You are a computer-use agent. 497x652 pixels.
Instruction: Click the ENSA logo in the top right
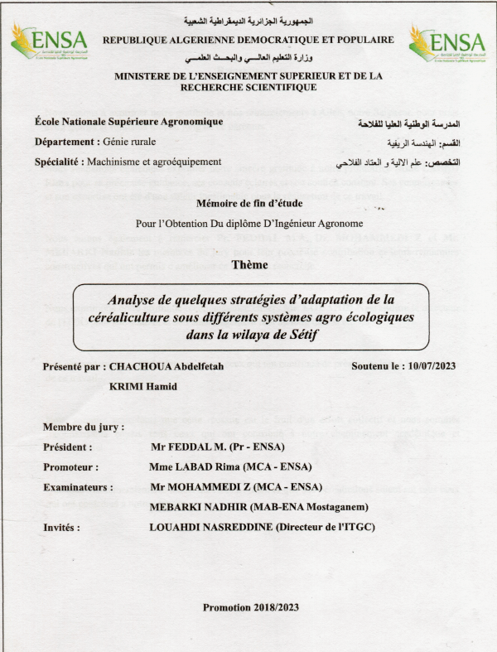coord(446,43)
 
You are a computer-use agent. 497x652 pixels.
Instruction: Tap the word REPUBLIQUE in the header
coord(140,40)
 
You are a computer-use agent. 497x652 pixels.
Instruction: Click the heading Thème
coord(248,265)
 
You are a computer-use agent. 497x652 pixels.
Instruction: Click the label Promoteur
coord(70,466)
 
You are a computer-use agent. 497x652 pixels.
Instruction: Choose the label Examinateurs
coord(77,486)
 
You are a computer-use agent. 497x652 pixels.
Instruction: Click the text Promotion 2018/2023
coord(251,607)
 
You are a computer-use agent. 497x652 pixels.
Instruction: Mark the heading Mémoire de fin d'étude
coord(250,203)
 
